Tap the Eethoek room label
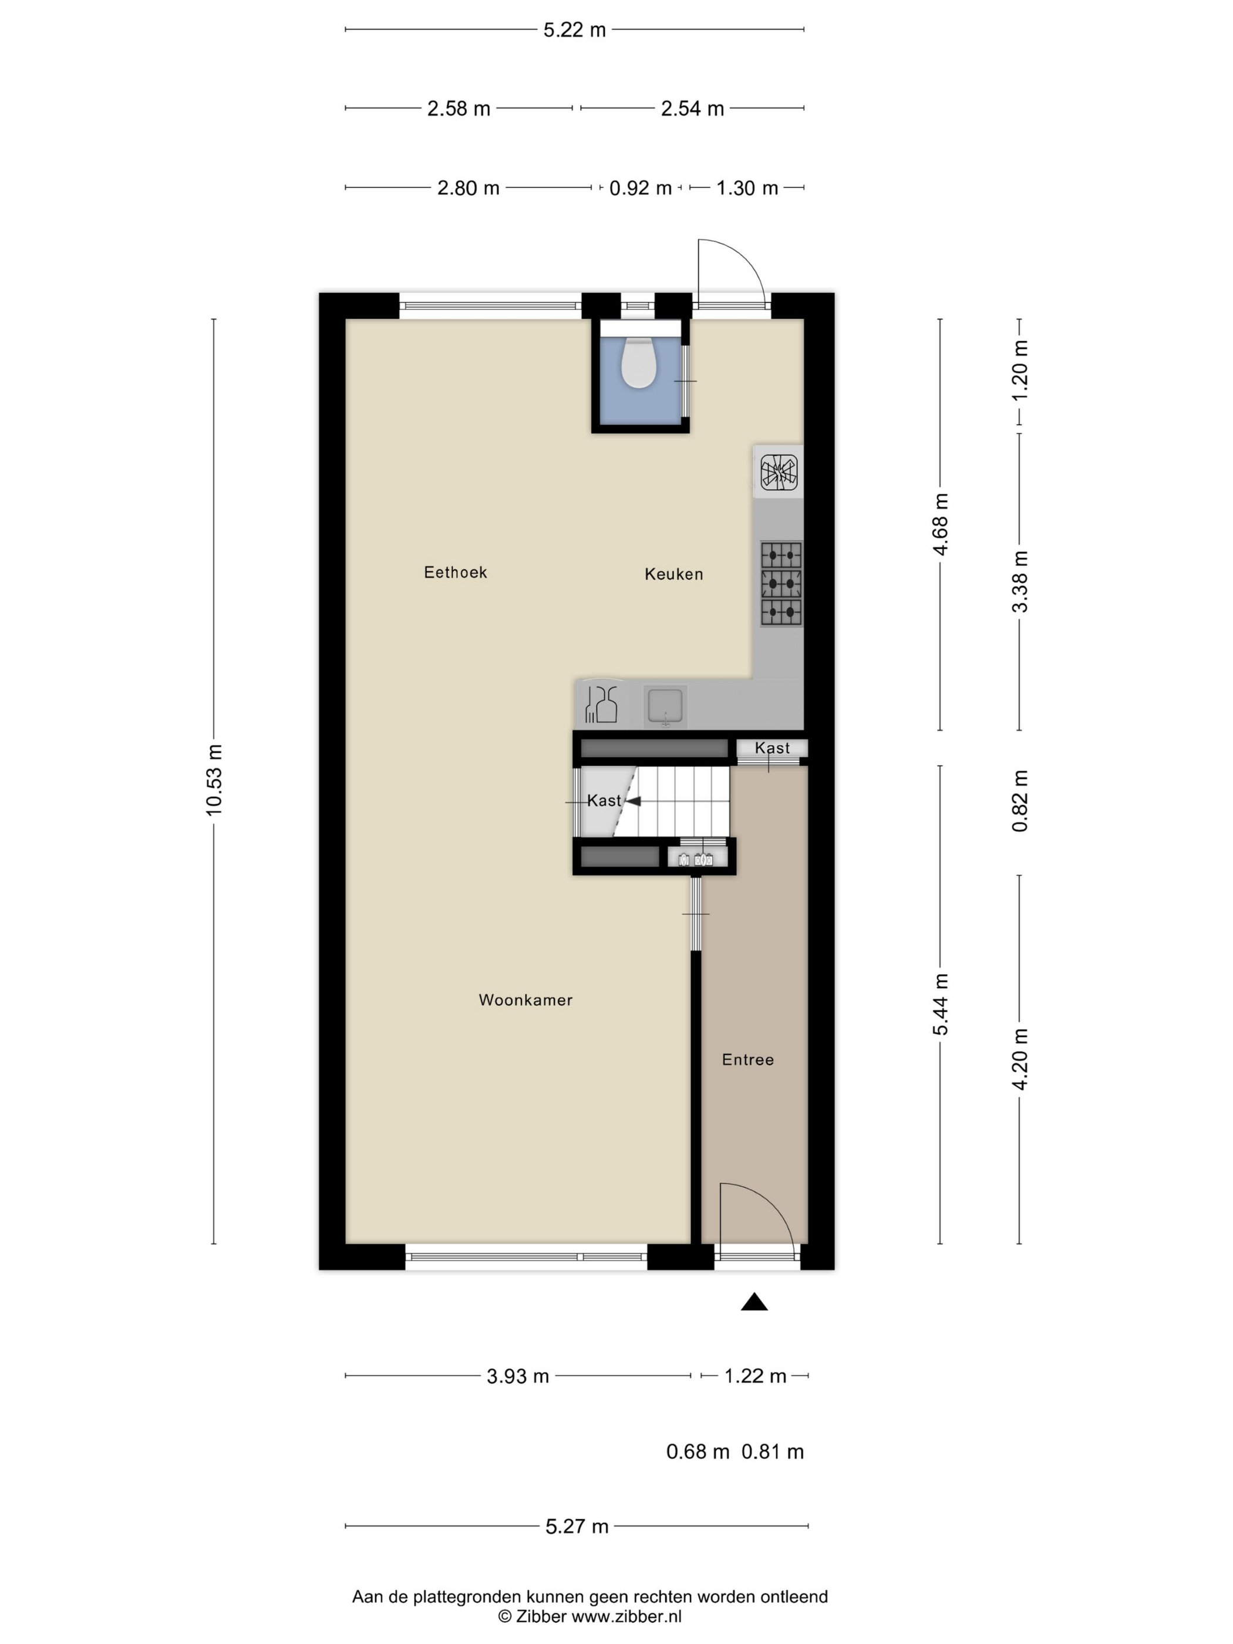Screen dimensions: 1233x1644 [456, 572]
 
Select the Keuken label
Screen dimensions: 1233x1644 [673, 574]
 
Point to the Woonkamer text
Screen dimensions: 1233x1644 [525, 1000]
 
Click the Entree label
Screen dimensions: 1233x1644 [747, 1060]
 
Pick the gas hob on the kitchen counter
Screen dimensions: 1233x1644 [781, 584]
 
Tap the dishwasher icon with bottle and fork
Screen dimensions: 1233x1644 [602, 704]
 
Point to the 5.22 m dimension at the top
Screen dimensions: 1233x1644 [574, 30]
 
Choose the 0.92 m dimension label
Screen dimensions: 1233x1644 [640, 188]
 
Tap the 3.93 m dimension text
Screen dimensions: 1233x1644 [518, 1376]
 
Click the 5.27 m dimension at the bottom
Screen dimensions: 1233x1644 [577, 1527]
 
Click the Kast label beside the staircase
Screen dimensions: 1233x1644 [604, 800]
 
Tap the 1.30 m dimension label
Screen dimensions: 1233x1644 [747, 188]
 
